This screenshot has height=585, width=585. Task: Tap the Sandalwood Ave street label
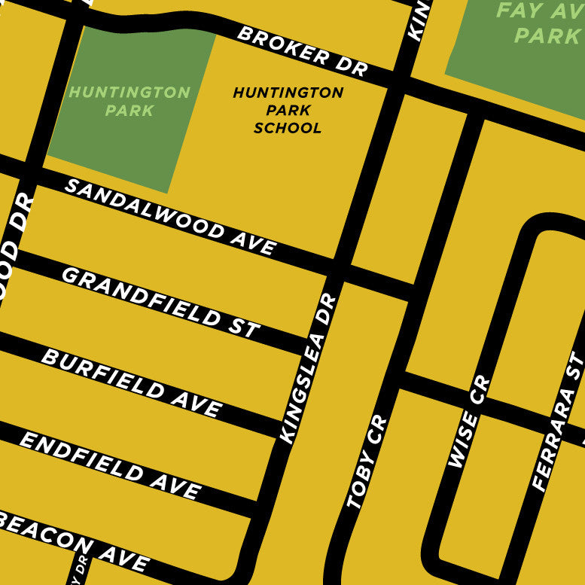pos(170,217)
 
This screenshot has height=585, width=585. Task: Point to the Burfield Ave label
pos(132,383)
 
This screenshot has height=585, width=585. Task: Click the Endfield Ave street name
pos(110,466)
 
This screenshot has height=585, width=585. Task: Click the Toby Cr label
pos(367,462)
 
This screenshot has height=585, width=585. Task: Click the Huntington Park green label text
pos(129,102)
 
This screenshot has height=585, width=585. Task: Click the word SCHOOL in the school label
pos(288,128)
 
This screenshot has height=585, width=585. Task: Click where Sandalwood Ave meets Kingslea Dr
pos(340,267)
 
